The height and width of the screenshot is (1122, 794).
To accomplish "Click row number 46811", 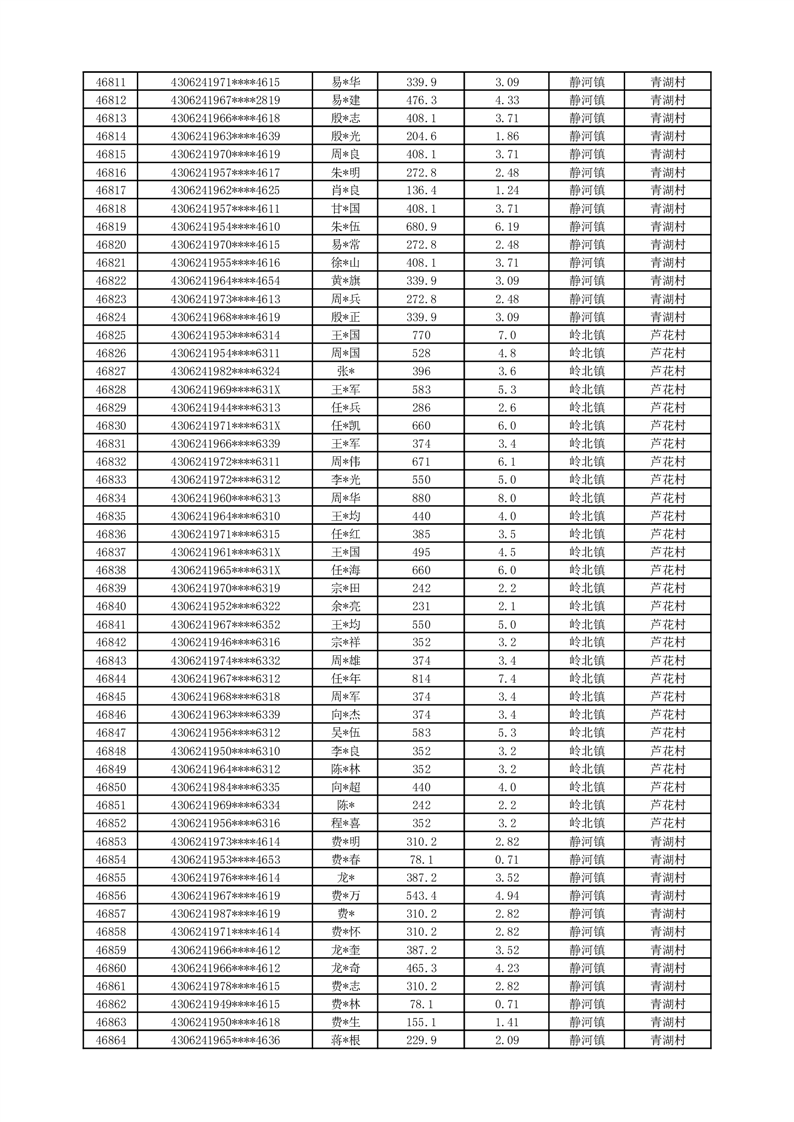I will [110, 82].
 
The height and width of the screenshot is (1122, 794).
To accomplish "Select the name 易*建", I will [346, 100].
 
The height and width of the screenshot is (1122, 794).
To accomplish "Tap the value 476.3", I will [421, 100].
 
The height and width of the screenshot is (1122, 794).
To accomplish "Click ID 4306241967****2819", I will [226, 100].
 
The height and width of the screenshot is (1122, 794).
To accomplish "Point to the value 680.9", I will [421, 227].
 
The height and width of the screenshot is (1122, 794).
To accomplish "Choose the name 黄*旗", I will [346, 281].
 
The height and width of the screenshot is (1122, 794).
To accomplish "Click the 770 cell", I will [421, 335].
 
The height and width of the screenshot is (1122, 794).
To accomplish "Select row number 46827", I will [110, 371].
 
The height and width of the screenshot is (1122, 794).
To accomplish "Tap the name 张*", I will [346, 371].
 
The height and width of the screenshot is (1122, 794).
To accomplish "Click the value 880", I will [421, 498].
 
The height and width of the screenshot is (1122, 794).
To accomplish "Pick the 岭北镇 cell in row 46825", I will [586, 335].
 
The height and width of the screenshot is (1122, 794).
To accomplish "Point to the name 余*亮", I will [346, 606].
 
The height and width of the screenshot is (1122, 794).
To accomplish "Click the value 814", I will [421, 678].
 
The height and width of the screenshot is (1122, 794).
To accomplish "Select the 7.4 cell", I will [507, 678].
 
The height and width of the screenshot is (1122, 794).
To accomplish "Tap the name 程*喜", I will [346, 823].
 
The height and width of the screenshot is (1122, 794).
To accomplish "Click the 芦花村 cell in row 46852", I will [667, 823].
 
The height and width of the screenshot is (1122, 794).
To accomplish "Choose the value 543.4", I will [421, 895].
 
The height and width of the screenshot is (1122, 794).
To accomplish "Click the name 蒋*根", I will [346, 1040].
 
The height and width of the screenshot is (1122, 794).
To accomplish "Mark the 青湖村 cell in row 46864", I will [667, 1040].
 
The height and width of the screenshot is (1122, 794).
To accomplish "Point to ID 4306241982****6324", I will [226, 371].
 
